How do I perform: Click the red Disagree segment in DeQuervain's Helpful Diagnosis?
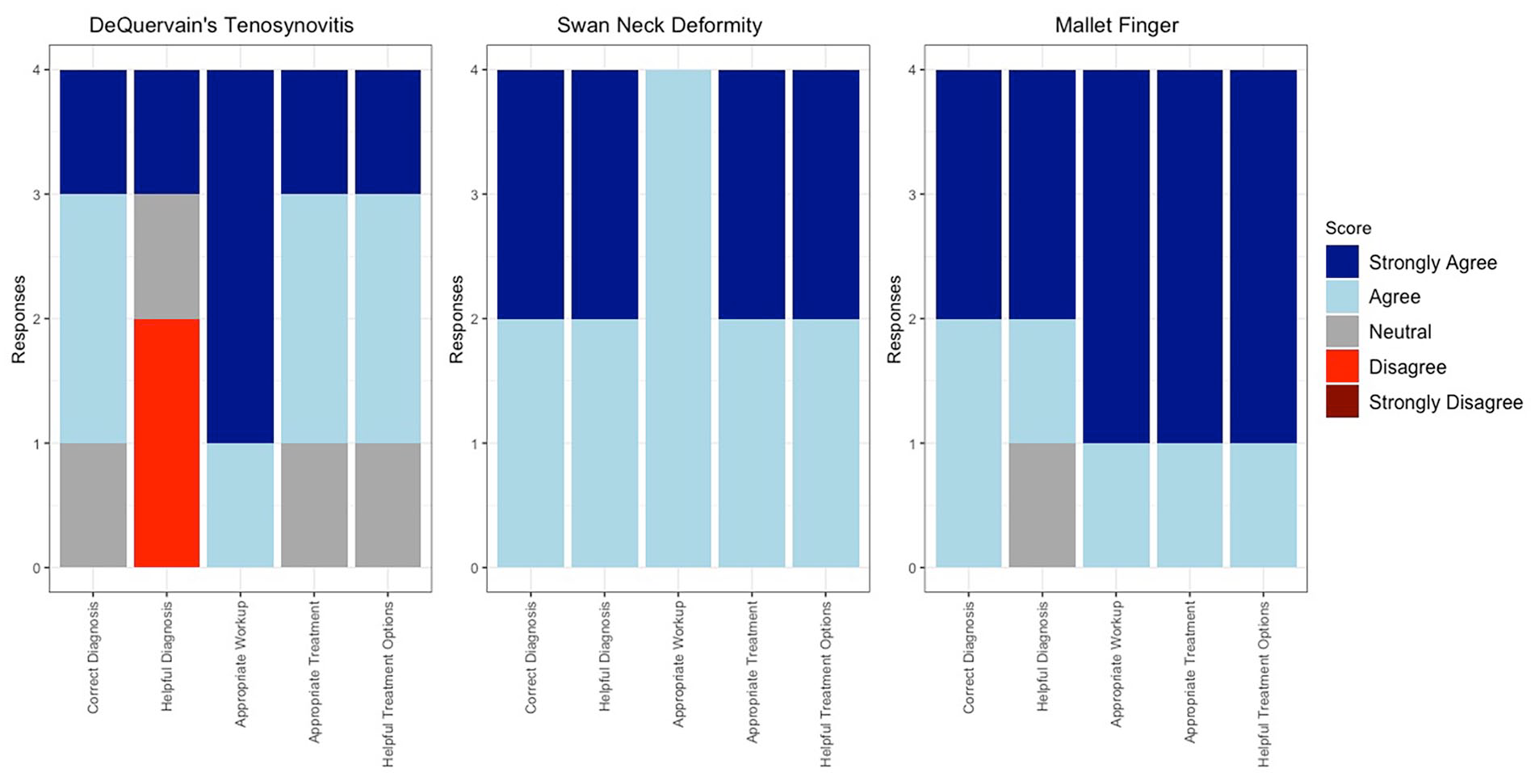coord(166,443)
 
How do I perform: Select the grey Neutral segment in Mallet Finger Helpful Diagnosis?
coord(1042,505)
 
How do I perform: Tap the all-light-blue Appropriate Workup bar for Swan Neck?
coord(677,318)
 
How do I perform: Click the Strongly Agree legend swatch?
coord(1342,262)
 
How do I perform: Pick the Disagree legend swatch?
coord(1342,367)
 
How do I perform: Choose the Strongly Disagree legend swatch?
coord(1342,402)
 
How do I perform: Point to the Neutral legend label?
coord(1399,332)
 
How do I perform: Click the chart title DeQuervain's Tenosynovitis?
coord(221,25)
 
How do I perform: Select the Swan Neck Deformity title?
coord(659,25)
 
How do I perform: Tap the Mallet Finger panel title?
coord(1117,25)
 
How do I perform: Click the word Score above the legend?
coord(1348,228)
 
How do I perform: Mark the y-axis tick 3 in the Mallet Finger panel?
coord(912,195)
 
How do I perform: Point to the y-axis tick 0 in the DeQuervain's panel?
coord(36,568)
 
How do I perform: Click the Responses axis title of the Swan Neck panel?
coord(457,319)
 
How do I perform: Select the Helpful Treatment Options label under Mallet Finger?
coord(1263,684)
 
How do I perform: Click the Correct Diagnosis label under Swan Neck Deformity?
coord(531,657)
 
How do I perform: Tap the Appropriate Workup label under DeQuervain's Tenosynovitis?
coord(240,664)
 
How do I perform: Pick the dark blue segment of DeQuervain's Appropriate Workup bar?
coord(240,257)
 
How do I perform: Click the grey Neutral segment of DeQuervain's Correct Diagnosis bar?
coord(93,505)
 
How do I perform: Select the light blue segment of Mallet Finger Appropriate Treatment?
coord(1189,505)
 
